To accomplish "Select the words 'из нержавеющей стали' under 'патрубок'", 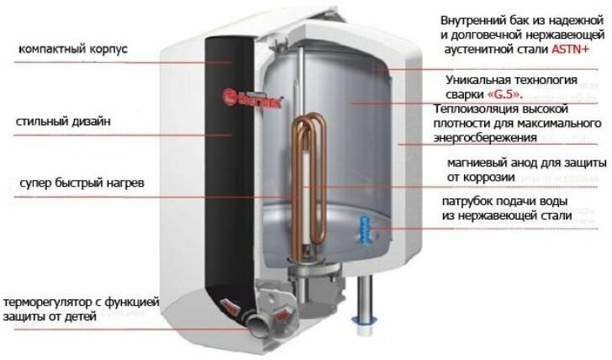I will click(506, 216).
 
